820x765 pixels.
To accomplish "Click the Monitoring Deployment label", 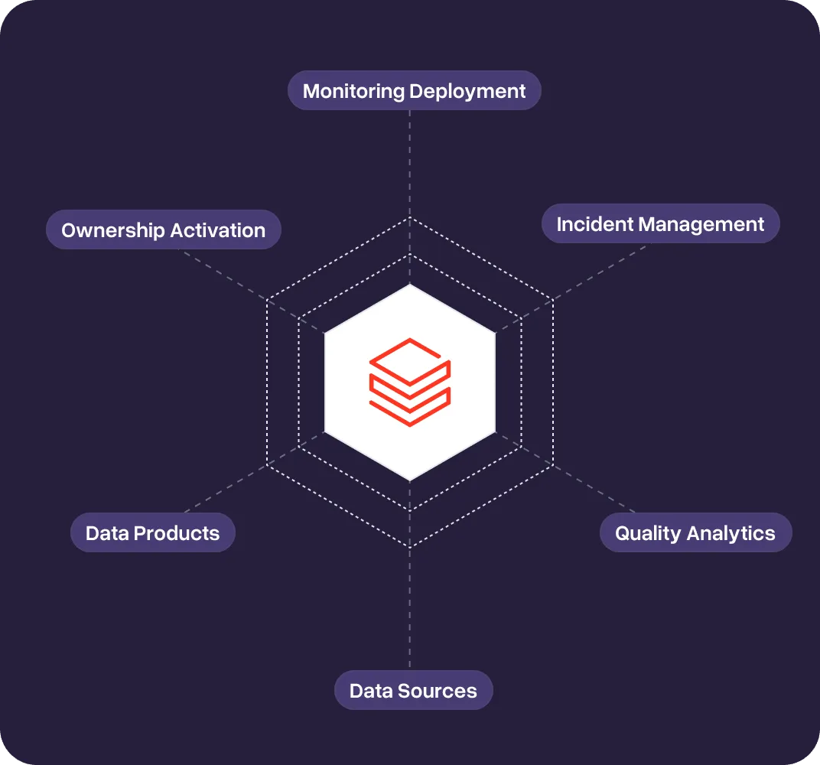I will pos(414,91).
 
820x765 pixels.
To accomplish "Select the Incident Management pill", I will pos(660,224).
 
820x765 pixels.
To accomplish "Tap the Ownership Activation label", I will pos(163,230).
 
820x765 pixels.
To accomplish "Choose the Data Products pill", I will pos(152,533).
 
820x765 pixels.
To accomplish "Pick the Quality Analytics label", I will pos(695,533).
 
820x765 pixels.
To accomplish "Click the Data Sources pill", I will pos(413,691).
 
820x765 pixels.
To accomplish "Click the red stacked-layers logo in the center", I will pos(410,382).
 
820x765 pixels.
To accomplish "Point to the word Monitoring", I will pos(353,91).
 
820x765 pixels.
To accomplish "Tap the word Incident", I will pos(594,224).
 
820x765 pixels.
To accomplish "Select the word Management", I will pos(701,224).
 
